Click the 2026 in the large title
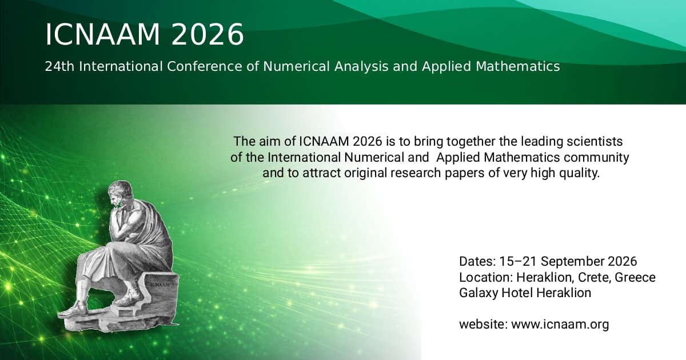click(x=208, y=34)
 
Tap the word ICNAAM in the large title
click(x=103, y=34)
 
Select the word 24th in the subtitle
click(x=59, y=66)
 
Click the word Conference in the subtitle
click(x=205, y=66)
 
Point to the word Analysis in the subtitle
click(x=361, y=67)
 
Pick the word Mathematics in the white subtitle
click(x=518, y=66)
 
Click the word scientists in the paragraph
click(x=595, y=142)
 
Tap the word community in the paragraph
click(x=596, y=158)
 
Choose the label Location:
click(x=486, y=277)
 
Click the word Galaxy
click(x=478, y=293)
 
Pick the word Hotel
click(x=517, y=293)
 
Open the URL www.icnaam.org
click(x=560, y=325)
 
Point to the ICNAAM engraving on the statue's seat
click(x=160, y=285)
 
